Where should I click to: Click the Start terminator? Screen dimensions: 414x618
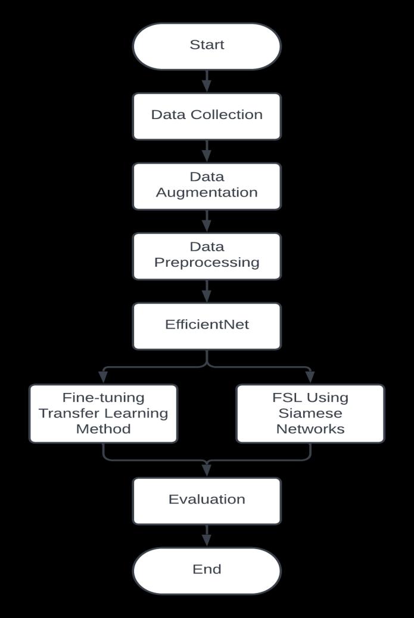tap(207, 46)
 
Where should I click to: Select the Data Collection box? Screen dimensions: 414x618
tap(207, 116)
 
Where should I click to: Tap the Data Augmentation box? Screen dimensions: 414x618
tap(207, 186)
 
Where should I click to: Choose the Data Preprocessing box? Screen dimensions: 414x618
tap(207, 255)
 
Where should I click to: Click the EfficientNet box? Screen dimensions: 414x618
tap(207, 326)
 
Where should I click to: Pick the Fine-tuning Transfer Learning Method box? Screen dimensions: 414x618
tap(103, 413)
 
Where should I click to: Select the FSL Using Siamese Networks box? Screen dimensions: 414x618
tap(310, 413)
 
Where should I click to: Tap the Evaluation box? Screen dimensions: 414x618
tap(207, 500)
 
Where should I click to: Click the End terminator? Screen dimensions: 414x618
tap(207, 570)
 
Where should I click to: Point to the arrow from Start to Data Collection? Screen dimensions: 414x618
tap(207, 81)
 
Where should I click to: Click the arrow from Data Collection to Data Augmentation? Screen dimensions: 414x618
tap(207, 151)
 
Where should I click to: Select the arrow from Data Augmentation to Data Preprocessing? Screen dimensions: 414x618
tap(207, 221)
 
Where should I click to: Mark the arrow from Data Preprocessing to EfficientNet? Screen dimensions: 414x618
tap(207, 291)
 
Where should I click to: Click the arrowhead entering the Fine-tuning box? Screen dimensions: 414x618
tap(103, 377)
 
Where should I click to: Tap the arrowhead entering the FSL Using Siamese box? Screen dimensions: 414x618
tap(310, 377)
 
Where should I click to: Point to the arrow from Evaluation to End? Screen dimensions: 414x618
tap(207, 536)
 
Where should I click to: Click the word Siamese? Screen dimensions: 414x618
tap(310, 413)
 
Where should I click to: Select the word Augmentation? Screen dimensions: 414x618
tap(207, 193)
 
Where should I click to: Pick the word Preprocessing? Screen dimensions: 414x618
tap(207, 263)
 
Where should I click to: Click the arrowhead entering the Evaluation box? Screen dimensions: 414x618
tap(207, 470)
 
